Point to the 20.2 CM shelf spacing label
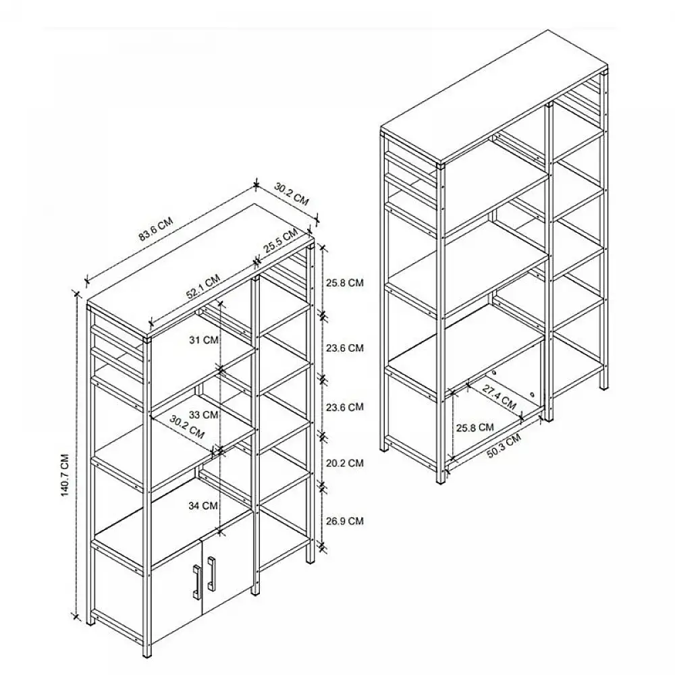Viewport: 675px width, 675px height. point(345,463)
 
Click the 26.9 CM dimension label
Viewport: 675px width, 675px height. point(345,520)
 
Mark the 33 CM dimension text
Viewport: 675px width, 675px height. point(204,414)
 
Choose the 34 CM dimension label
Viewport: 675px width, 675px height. point(204,505)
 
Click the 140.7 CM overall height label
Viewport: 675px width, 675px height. point(63,473)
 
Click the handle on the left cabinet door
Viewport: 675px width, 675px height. point(196,581)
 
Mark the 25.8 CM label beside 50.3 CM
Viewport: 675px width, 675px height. point(475,427)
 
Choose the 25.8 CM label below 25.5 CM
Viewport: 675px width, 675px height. point(345,283)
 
